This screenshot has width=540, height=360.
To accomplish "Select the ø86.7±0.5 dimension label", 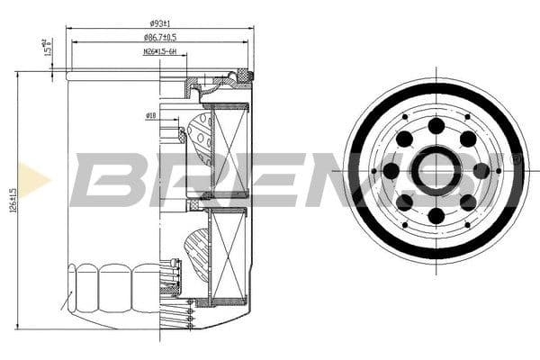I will point(159,37).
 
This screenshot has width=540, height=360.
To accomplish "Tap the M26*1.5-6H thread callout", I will point(160,51).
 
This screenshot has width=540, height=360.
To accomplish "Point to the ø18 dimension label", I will point(151,115).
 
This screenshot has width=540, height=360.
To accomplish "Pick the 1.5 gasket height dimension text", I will point(45,46).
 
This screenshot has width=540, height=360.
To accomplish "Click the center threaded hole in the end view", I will point(436,170).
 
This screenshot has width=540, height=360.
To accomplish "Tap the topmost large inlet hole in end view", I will point(436,126).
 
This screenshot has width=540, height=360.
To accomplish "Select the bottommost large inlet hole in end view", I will point(436,215).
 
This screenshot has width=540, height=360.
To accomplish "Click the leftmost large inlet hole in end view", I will point(391,170).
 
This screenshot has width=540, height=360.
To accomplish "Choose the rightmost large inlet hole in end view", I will point(481,170).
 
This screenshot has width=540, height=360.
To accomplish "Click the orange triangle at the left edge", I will point(34,179).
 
